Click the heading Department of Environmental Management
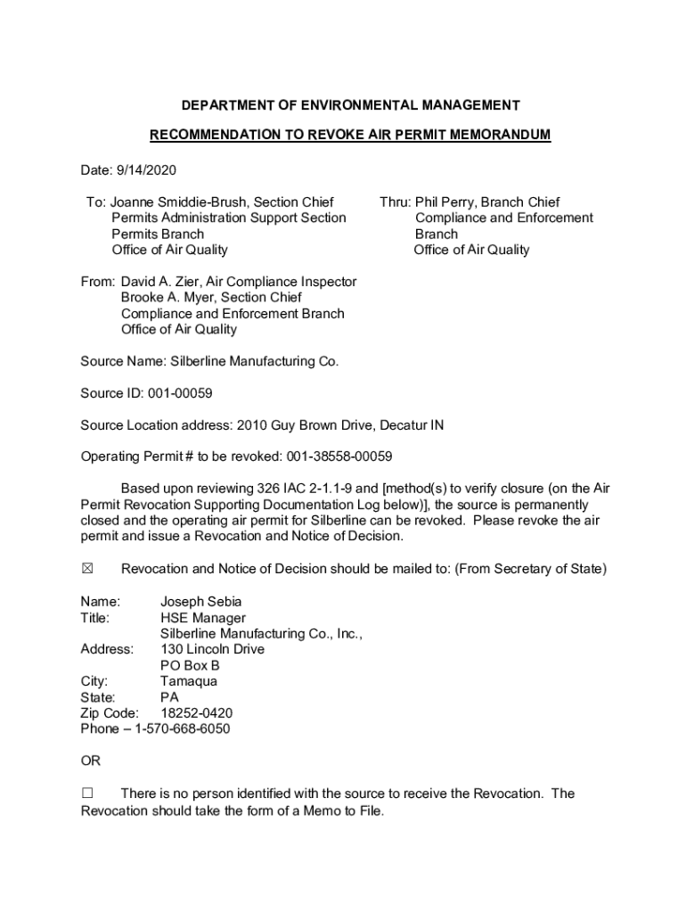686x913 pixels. click(350, 105)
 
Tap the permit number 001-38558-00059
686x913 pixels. click(339, 456)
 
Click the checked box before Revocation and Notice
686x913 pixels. click(87, 569)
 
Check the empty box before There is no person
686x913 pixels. click(87, 794)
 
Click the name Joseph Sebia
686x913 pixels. click(200, 602)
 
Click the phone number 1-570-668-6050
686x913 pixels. click(182, 728)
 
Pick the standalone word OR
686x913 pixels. click(91, 761)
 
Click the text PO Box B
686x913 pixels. click(190, 665)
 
